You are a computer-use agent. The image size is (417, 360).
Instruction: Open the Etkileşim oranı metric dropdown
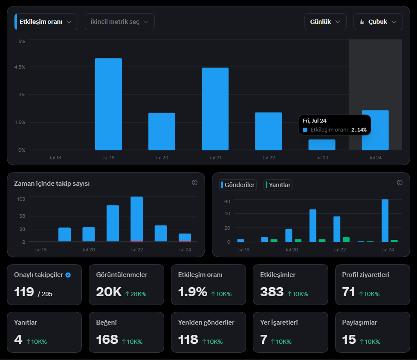pyautogui.click(x=46, y=22)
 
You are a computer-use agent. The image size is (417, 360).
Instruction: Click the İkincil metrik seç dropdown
pyautogui.click(x=120, y=22)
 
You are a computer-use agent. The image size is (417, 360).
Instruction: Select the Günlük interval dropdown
pyautogui.click(x=325, y=22)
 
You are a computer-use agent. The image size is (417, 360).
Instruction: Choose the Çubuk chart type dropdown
pyautogui.click(x=378, y=22)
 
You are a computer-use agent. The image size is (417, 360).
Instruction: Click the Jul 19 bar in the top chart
pyautogui.click(x=108, y=104)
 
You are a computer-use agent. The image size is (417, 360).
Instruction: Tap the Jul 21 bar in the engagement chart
pyautogui.click(x=215, y=109)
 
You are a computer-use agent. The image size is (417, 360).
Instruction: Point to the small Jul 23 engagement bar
pyautogui.click(x=322, y=145)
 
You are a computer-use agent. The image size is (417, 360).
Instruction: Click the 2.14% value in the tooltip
pyautogui.click(x=359, y=130)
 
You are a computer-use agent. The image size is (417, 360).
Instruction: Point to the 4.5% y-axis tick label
pyautogui.click(x=20, y=67)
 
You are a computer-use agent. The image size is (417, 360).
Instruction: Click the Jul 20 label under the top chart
pyautogui.click(x=162, y=158)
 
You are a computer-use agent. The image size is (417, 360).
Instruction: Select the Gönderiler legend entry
pyautogui.click(x=238, y=185)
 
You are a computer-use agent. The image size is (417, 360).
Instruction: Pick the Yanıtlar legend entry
pyautogui.click(x=278, y=185)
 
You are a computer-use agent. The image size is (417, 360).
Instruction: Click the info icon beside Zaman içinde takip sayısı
pyautogui.click(x=195, y=182)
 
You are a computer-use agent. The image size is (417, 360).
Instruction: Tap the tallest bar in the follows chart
pyautogui.click(x=137, y=219)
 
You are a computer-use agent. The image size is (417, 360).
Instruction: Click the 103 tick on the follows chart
pyautogui.click(x=21, y=199)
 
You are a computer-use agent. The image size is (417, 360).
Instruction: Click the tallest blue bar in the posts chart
pyautogui.click(x=385, y=221)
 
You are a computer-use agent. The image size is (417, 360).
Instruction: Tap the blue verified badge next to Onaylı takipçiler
pyautogui.click(x=68, y=275)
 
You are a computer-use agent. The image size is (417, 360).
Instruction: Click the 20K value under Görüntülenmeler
pyautogui.click(x=109, y=292)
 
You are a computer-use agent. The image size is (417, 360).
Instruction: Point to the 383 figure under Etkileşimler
pyautogui.click(x=272, y=292)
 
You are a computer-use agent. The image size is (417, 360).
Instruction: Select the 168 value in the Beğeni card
pyautogui.click(x=107, y=340)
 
